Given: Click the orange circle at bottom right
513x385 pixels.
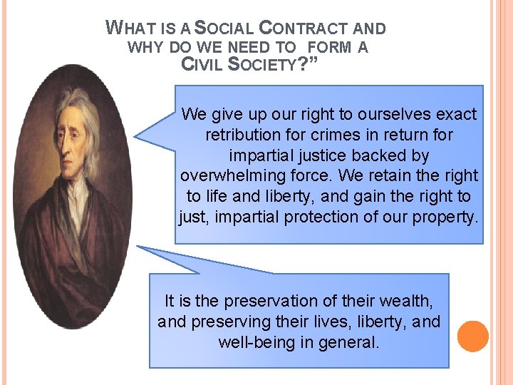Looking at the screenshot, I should click(472, 336).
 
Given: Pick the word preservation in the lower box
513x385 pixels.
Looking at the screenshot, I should click(280, 302).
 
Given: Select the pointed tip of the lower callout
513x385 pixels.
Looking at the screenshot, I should click(138, 247).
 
